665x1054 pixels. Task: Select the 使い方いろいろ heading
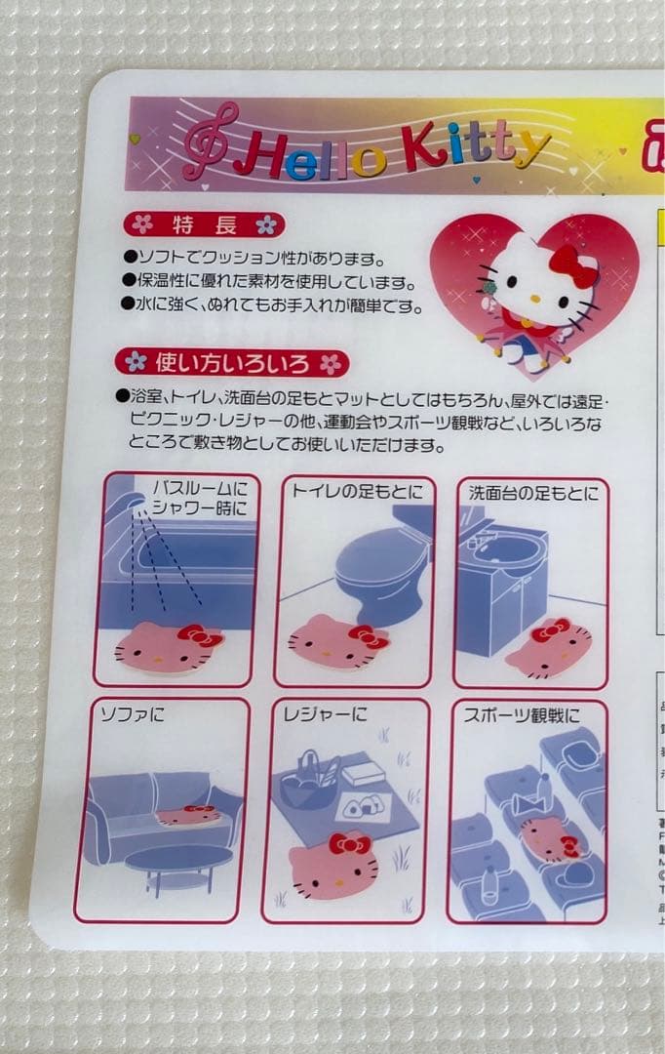tap(233, 363)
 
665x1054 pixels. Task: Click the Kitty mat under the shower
tap(168, 646)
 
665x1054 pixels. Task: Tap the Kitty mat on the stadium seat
tap(550, 837)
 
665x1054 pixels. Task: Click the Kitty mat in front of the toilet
tap(336, 640)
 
